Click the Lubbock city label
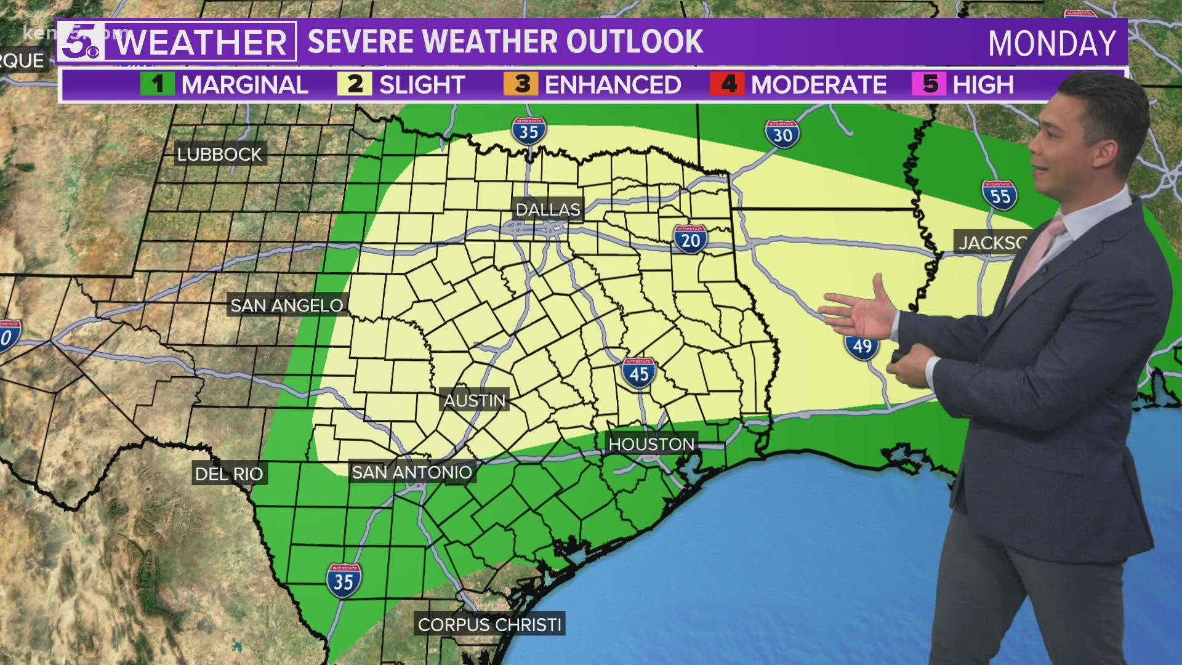(219, 154)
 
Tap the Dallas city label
(547, 210)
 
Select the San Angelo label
(286, 305)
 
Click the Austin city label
(474, 401)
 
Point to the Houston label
(651, 444)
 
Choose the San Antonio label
(411, 472)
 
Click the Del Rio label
(228, 474)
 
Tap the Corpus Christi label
(489, 625)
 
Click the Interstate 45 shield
(638, 372)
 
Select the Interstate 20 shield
(691, 239)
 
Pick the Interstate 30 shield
(782, 134)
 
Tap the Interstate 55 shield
(999, 195)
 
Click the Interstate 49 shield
(861, 346)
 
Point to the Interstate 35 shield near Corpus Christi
(344, 580)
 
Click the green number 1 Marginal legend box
(158, 84)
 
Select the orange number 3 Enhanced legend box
(520, 84)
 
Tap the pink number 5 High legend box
(930, 84)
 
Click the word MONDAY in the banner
(1051, 43)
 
